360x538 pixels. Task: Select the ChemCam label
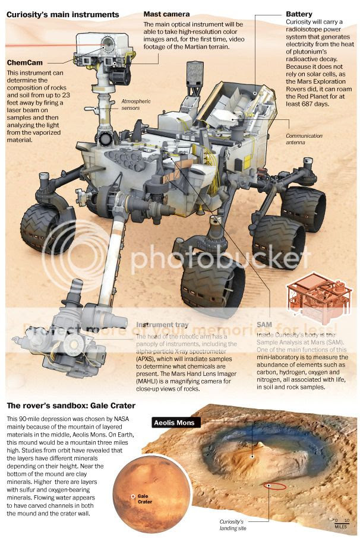[25, 62]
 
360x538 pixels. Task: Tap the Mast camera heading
[167, 13]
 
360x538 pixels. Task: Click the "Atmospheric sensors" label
[136, 105]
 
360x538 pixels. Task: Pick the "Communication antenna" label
[304, 139]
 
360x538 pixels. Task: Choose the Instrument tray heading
[162, 325]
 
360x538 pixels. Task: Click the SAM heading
[264, 325]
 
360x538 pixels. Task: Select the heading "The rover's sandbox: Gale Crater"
[71, 406]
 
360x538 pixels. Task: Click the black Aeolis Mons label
[176, 423]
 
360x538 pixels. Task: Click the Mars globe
[153, 486]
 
